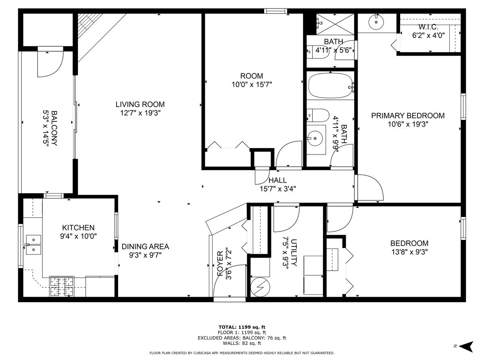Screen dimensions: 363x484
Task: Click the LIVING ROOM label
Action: click(x=140, y=104)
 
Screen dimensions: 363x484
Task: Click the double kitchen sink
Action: click(x=33, y=245)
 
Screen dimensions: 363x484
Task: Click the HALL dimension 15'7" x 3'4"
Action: click(x=277, y=188)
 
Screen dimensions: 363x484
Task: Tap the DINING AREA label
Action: click(x=146, y=246)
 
